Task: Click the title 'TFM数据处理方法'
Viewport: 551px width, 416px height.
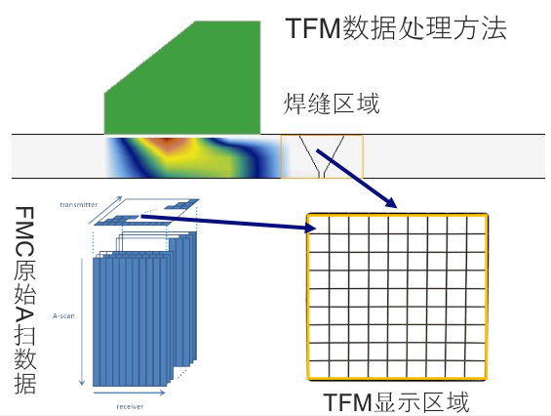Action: pos(396,28)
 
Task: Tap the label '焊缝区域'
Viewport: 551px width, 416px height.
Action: pos(332,104)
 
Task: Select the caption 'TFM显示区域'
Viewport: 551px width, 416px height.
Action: pos(396,402)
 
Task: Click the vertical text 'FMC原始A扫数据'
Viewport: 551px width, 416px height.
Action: pos(25,300)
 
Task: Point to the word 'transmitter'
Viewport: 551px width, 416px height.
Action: pos(78,204)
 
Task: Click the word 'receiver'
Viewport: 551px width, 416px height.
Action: pos(130,406)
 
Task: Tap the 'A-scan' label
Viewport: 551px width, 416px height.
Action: pos(63,315)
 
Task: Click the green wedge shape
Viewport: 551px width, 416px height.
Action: pos(182,77)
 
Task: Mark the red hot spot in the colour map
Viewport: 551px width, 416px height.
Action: pos(169,143)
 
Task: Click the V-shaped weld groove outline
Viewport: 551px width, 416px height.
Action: pos(322,156)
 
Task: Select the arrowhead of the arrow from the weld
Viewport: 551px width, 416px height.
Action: pos(391,203)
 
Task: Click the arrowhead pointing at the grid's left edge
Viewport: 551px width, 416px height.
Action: pos(310,229)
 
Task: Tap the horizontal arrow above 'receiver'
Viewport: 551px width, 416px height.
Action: pos(130,392)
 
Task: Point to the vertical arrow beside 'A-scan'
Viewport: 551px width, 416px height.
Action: pos(82,321)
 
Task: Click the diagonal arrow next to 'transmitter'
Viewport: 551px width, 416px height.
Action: pos(105,210)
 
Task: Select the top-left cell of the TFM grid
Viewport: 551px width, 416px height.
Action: pos(319,225)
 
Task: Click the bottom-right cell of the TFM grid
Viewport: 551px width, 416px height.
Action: pos(475,369)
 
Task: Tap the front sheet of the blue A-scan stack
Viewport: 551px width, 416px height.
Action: pos(130,322)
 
